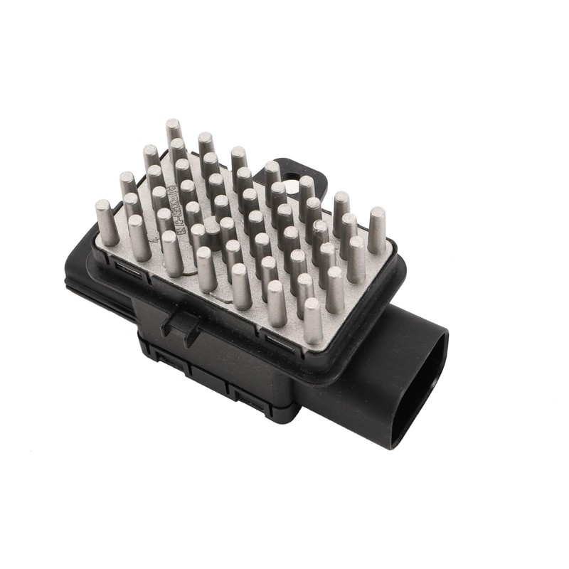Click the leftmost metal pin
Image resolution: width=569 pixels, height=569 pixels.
pos(106,222)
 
